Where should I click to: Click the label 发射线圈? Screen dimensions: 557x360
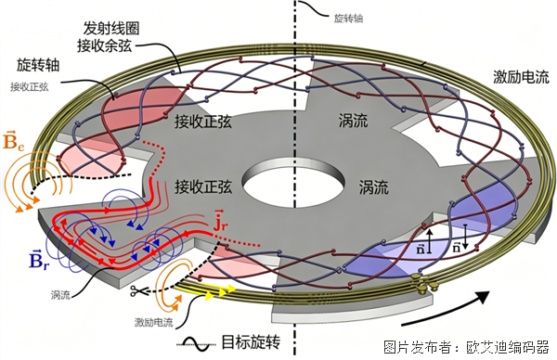pos(111,29)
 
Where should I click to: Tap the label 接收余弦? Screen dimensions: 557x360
pos(105,45)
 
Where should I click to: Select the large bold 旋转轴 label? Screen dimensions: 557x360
pos(38,65)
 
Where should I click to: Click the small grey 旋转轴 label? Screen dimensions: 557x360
pos(348,19)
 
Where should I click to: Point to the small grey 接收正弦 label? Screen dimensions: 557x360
pos(29,86)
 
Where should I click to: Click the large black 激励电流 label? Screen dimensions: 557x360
pos(521,77)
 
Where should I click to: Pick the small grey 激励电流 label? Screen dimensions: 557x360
pos(154,322)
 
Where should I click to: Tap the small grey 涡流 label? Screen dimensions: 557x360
pos(60,295)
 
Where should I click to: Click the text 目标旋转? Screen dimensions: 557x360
pos(251,342)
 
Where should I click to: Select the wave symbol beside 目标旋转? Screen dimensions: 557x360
pos(196,343)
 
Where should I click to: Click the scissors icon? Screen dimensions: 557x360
pos(136,291)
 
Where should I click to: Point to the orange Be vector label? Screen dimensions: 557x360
pos(13,141)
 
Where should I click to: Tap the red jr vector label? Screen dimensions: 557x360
pos(221,220)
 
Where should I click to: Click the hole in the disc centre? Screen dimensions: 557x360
pos(293,182)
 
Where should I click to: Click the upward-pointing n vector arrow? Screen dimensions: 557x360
pos(430,241)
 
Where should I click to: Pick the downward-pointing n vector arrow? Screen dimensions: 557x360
pos(466,236)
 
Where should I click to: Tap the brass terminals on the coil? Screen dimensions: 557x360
pos(425,284)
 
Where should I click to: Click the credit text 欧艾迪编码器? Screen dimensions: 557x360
pos(508,347)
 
